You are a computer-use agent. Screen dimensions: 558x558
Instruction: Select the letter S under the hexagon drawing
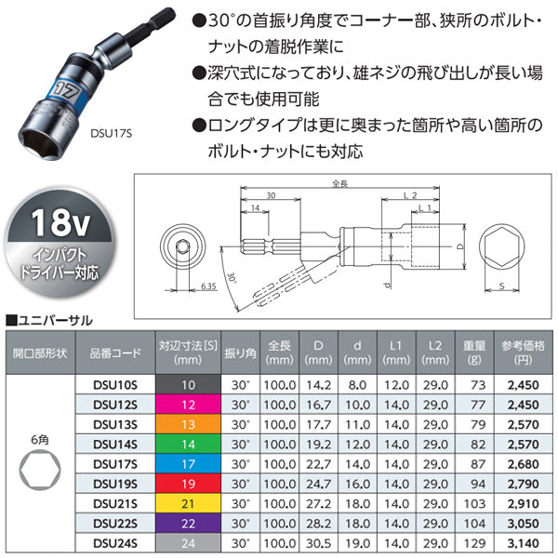(x=502, y=286)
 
